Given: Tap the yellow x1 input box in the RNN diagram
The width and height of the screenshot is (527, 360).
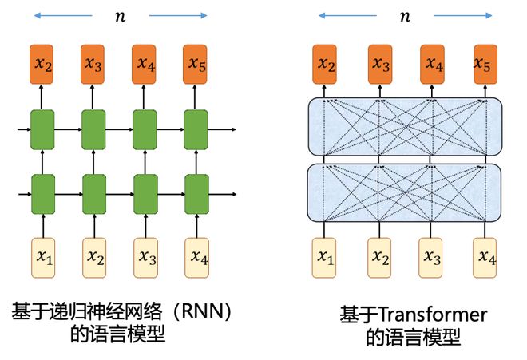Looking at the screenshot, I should click(x=42, y=256).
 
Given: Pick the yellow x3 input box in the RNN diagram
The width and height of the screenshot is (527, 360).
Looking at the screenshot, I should click(x=145, y=256).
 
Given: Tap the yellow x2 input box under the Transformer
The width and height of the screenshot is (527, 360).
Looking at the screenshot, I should click(x=381, y=256).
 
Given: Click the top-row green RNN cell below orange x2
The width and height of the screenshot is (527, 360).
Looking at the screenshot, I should click(x=42, y=128).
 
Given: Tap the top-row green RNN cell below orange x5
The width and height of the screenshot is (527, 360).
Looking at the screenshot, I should click(x=196, y=128).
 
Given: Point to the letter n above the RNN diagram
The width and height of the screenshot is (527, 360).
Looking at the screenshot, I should click(x=121, y=15).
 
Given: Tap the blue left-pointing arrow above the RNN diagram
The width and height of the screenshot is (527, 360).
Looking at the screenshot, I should click(x=65, y=14).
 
